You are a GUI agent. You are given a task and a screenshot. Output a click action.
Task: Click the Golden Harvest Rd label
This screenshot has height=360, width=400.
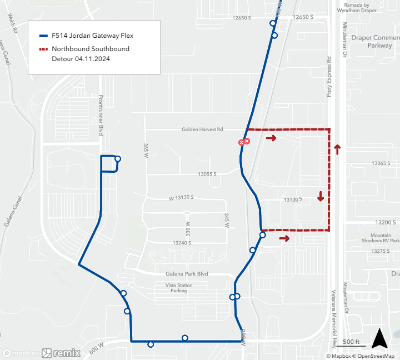point(202,129)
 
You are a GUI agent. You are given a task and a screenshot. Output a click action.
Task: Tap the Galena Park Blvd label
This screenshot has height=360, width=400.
point(187,274)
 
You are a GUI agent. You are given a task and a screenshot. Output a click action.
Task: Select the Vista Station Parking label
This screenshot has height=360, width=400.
point(179,288)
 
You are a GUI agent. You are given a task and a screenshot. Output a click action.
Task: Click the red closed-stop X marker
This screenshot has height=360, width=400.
point(244,142)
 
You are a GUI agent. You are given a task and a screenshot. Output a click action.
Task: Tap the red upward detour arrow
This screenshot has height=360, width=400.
point(337,149)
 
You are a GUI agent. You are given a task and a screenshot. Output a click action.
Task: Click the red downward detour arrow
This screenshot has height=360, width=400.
point(321,196)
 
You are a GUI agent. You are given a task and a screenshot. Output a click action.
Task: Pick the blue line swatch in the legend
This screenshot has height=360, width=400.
point(43,35)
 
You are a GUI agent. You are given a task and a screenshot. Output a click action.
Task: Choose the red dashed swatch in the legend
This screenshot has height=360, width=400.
point(43,49)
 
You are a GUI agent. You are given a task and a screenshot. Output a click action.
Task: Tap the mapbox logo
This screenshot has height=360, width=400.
point(21,353)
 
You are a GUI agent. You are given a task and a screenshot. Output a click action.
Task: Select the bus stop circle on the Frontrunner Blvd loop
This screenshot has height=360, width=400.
point(118,159)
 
